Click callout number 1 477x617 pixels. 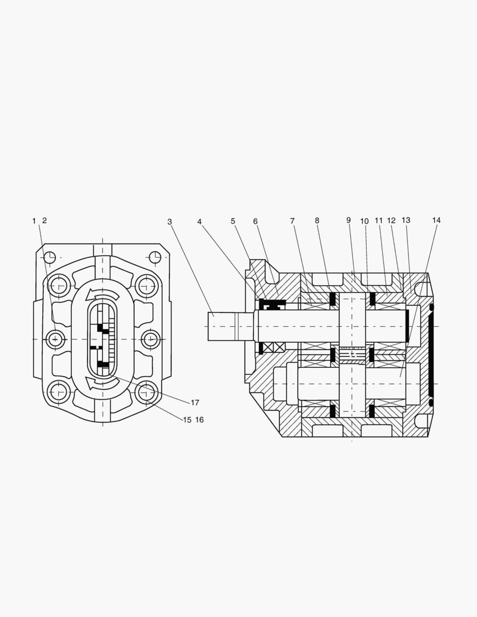[x=34, y=221]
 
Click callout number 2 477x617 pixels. [x=45, y=221]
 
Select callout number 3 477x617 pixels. [x=170, y=221]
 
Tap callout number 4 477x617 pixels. [x=199, y=221]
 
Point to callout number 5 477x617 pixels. [x=233, y=221]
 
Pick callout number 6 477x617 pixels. [x=255, y=221]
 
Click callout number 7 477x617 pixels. [x=292, y=221]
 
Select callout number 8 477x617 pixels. [x=316, y=221]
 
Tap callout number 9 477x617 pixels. [x=348, y=220]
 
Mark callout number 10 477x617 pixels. [x=364, y=221]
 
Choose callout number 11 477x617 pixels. [x=378, y=221]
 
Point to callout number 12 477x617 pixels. [x=391, y=221]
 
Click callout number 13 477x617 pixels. [x=406, y=221]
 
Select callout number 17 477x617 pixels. [x=195, y=403]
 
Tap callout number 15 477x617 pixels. [x=187, y=420]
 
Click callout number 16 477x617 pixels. [x=199, y=420]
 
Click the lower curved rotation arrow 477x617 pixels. [x=102, y=381]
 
